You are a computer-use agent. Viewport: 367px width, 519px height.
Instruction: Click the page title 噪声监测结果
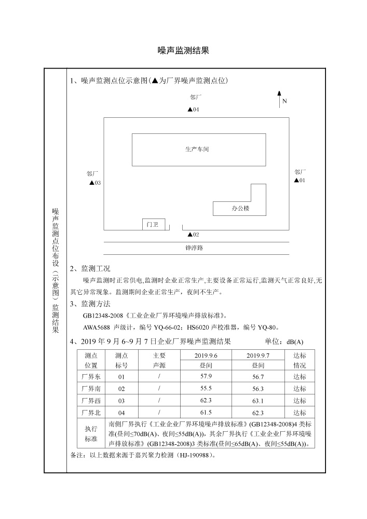pyautogui.click(x=183, y=50)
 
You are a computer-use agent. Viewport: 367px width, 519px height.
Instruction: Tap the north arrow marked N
pyautogui.click(x=279, y=99)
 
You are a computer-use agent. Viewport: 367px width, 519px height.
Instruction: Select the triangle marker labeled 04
pyautogui.click(x=190, y=110)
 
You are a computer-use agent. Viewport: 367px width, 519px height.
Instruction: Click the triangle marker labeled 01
pyautogui.click(x=296, y=181)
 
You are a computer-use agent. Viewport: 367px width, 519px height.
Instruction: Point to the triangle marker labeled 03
pyautogui.click(x=92, y=183)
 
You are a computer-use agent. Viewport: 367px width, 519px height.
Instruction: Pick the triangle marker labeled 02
pyautogui.click(x=190, y=235)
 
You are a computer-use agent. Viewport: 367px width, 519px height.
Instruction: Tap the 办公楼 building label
pyautogui.click(x=240, y=209)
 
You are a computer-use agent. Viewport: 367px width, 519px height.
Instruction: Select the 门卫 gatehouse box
pyautogui.click(x=153, y=224)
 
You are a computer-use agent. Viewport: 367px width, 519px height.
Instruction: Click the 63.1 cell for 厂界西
pyautogui.click(x=258, y=401)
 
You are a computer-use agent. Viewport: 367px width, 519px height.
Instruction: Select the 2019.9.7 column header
pyautogui.click(x=258, y=355)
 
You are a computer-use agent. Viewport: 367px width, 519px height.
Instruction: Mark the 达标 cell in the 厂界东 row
pyautogui.click(x=300, y=377)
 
